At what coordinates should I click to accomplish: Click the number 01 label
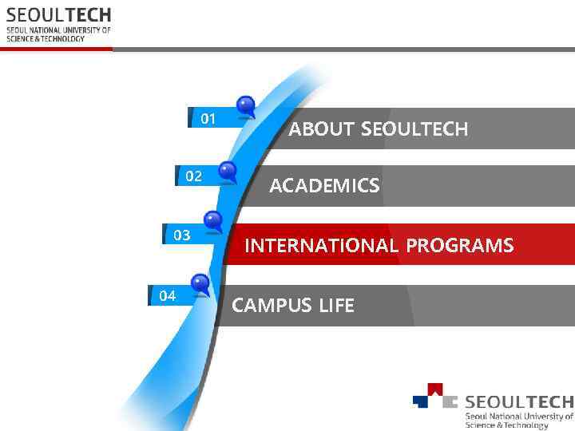point(208,119)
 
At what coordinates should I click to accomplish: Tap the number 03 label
point(182,235)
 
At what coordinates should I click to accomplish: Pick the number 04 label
point(167,296)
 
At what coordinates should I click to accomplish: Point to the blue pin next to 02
point(228,170)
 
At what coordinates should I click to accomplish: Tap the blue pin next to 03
point(213,220)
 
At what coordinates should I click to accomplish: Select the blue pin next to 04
point(200,283)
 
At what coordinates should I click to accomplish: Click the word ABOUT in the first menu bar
point(322,129)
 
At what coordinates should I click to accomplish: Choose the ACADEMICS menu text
point(324,187)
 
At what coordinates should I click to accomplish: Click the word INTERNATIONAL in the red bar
point(321,246)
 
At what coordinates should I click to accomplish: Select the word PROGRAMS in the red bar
point(459,246)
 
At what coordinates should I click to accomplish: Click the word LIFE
point(336,306)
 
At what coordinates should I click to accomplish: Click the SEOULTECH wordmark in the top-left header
point(58,15)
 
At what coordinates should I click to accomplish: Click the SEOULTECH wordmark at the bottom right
point(518,401)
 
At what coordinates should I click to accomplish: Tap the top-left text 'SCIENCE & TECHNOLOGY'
point(46,38)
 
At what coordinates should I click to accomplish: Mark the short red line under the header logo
point(56,49)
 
